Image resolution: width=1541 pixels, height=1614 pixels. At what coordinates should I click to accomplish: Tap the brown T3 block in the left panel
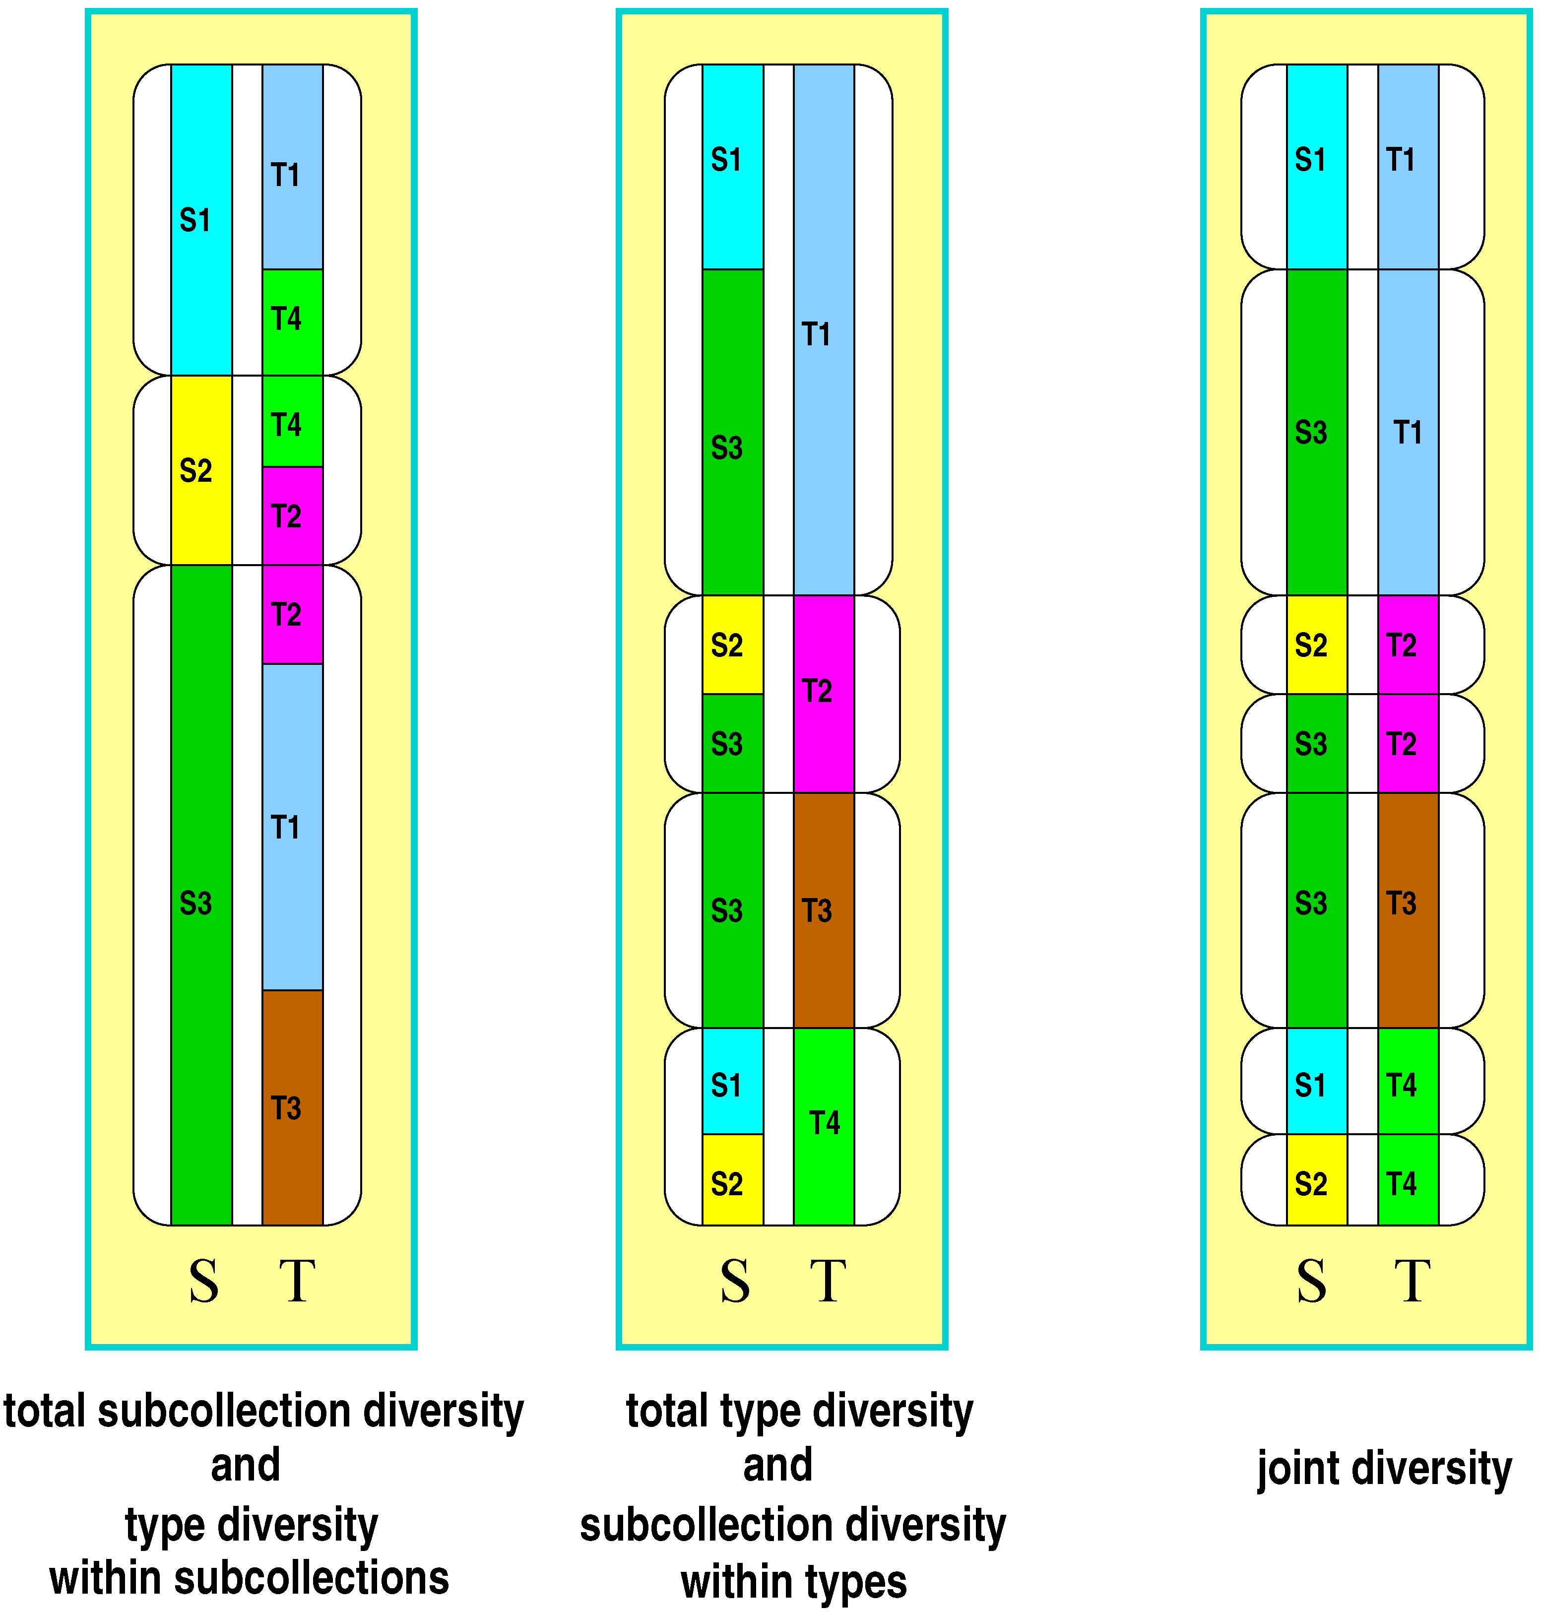(292, 1107)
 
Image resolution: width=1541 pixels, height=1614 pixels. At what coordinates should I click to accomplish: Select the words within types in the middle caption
(793, 1581)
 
